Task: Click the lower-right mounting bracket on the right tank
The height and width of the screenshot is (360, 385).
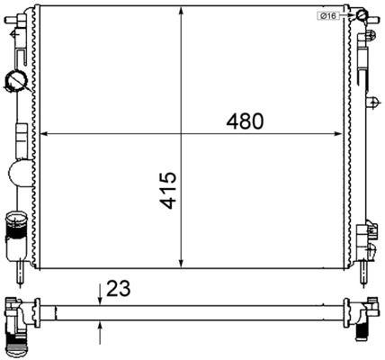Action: [368, 238]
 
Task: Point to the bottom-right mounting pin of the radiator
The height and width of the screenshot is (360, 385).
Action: [367, 270]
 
